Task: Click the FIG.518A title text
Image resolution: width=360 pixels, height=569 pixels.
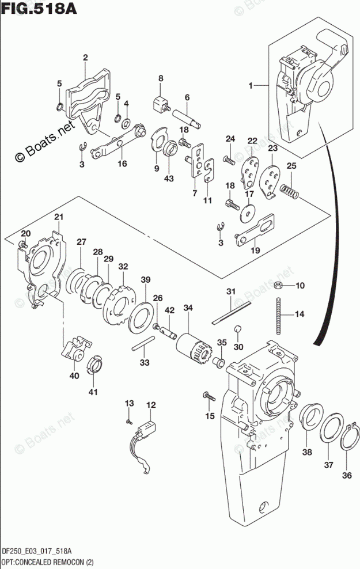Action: pos(39,8)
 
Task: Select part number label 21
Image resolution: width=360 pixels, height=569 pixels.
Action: pos(59,217)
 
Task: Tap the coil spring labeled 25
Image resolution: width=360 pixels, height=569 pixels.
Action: pos(289,192)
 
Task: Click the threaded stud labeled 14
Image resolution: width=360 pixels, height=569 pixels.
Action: pos(278,316)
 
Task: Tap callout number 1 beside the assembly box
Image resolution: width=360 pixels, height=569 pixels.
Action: pos(251,86)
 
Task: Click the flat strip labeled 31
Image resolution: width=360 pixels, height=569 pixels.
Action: pos(232,311)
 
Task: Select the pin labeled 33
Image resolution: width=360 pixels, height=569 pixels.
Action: pos(143,343)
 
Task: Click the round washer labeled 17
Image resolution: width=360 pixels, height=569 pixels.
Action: pos(248,213)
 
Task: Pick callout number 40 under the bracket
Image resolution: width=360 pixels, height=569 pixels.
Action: pos(74,376)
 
